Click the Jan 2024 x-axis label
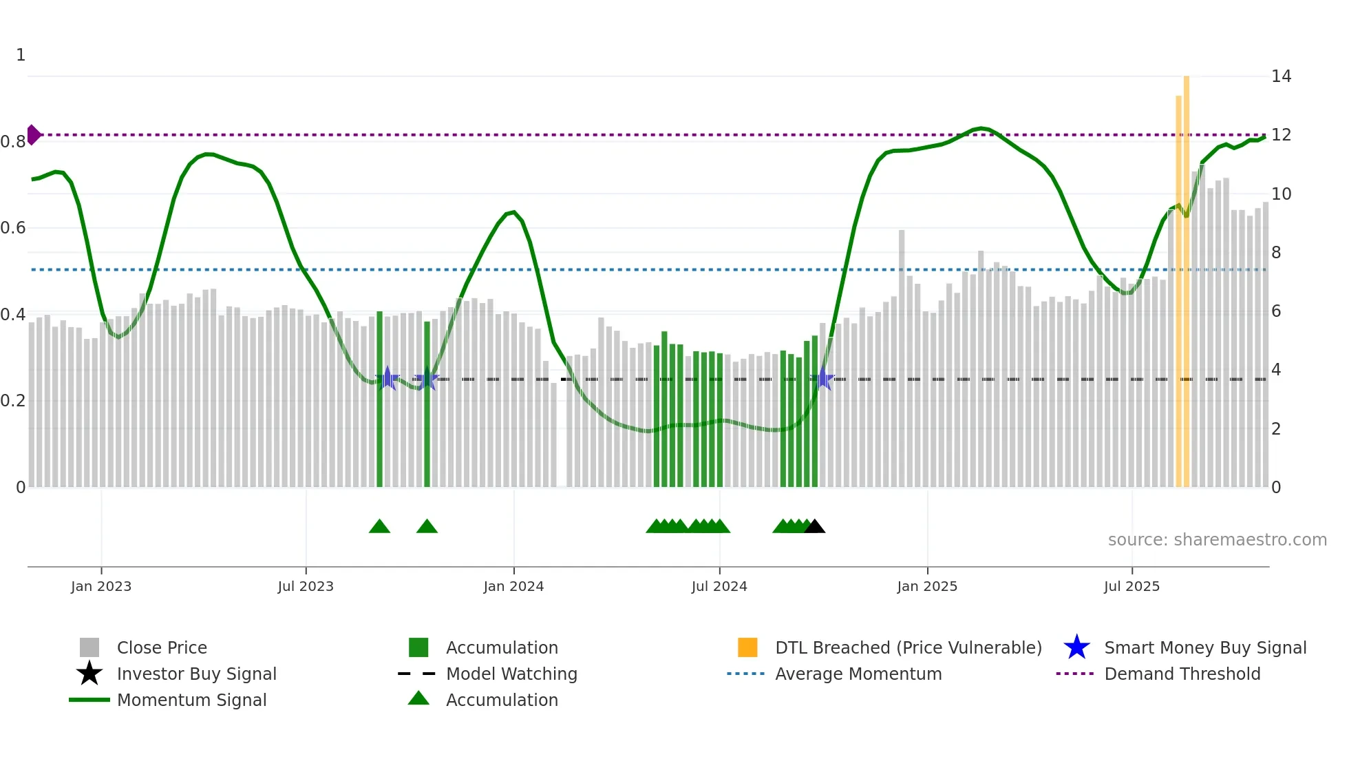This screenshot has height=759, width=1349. pos(513,586)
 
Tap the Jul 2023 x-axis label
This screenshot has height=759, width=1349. pos(306,586)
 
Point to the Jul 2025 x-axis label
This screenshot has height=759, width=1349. pos(1132,586)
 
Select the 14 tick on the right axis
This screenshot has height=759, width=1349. pos(1281,76)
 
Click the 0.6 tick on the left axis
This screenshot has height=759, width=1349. pos(13,228)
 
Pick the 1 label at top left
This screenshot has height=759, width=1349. pos(21,55)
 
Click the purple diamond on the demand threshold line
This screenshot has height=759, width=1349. pos(33,135)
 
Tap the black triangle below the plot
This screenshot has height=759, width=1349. pos(815,527)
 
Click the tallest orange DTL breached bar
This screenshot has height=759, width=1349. pos(1187,275)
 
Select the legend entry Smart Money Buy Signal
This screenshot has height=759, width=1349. pos(1204,647)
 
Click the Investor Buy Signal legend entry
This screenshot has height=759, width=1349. pos(196,674)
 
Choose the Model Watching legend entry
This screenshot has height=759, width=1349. pos(511,674)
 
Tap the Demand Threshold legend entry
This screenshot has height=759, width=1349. pos(1182,674)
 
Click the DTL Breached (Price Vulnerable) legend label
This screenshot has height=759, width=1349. pos(908,647)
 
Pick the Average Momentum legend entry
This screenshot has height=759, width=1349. pos(858,674)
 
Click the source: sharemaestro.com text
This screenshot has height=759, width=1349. pos(1217,540)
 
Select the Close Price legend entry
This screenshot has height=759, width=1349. pos(161,647)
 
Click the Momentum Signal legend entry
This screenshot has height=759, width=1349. pos(191,700)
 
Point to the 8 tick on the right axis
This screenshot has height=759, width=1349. pos(1276,253)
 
